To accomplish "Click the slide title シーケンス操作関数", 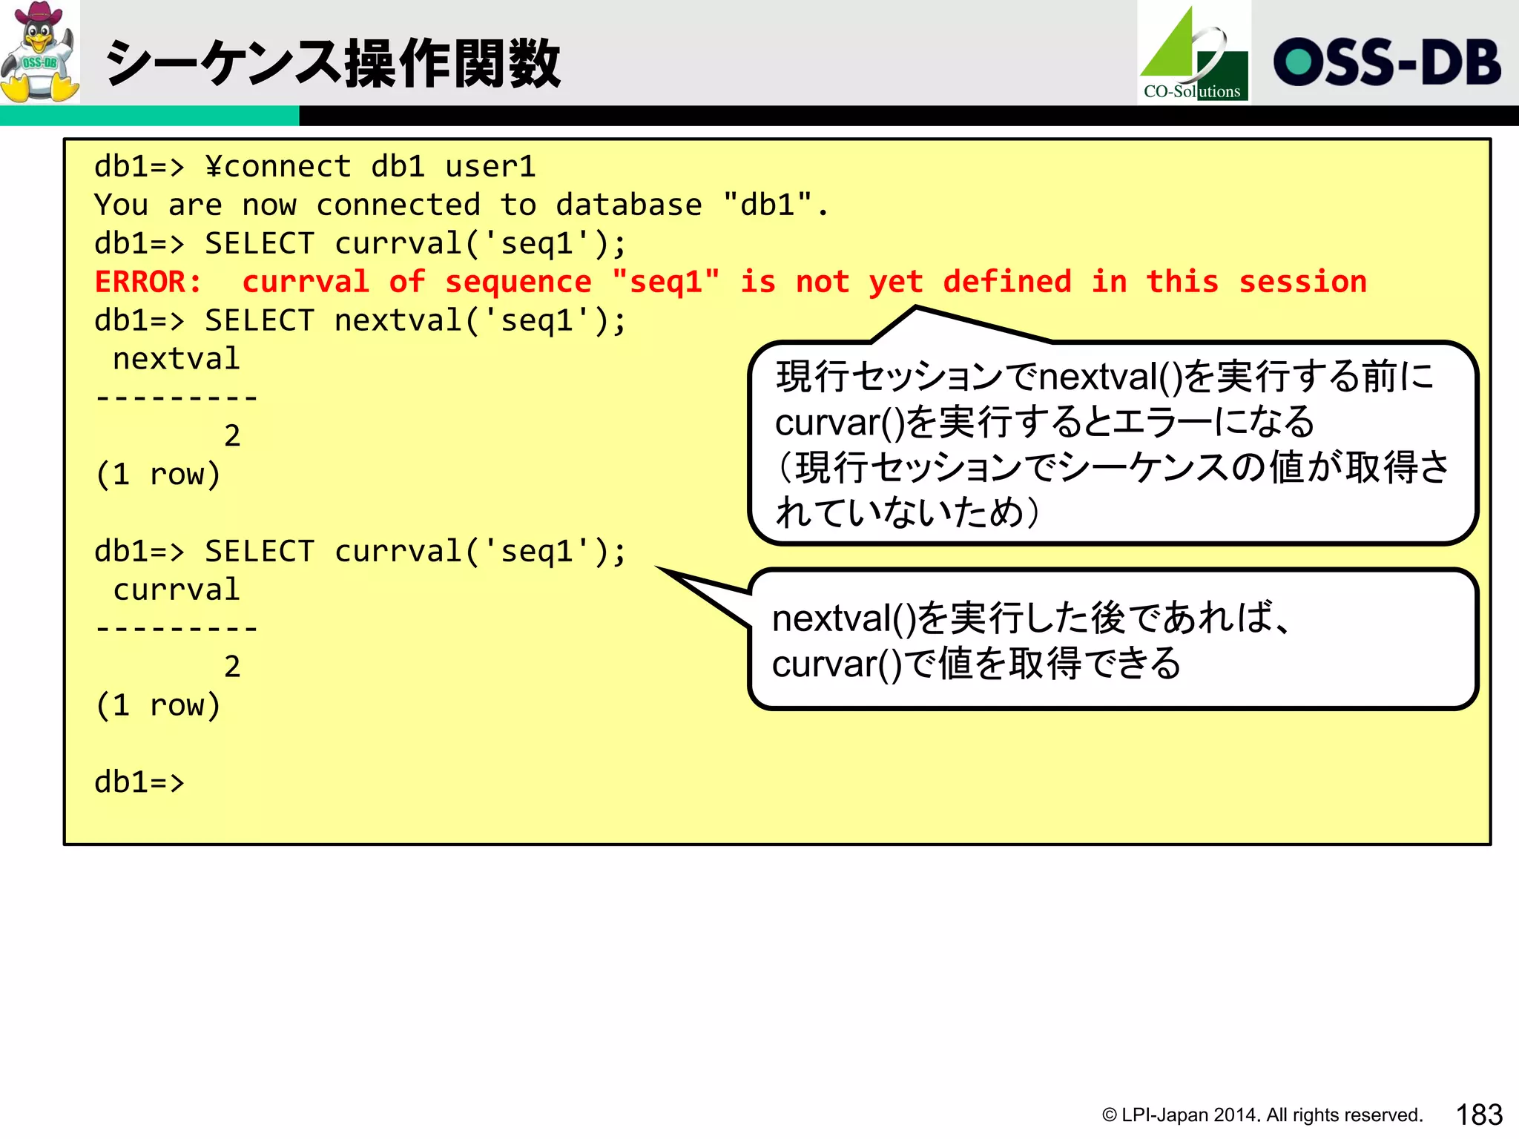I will (332, 64).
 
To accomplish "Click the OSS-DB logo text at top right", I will (1386, 62).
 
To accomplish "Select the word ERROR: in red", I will (148, 283).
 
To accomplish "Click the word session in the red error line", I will (1302, 283).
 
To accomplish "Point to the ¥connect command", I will (277, 167).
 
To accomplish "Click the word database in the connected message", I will (628, 205).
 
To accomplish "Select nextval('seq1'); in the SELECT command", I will (480, 321).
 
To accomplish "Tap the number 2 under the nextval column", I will (232, 436).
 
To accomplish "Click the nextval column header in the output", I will (176, 360).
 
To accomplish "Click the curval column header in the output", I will (176, 590).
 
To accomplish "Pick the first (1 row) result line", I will (157, 475).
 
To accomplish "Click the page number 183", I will (1478, 1115).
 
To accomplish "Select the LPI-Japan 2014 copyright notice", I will (1262, 1115).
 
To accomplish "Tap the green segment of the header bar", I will (148, 116).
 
